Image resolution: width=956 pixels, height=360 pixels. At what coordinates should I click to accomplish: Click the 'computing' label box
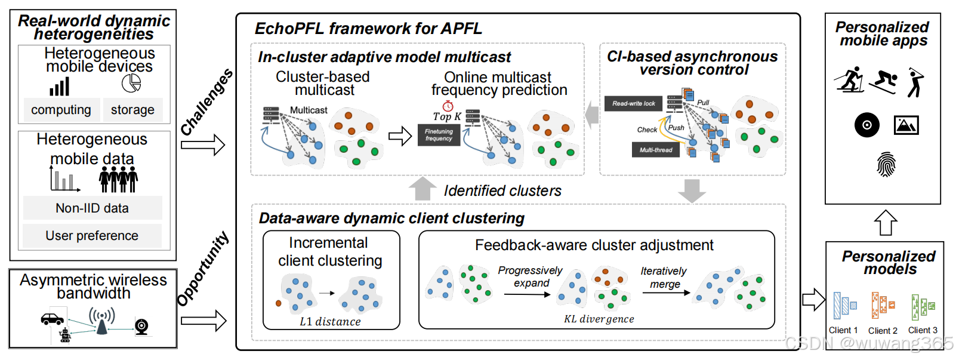pos(61,110)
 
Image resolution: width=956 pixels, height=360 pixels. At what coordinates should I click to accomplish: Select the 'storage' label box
pos(132,110)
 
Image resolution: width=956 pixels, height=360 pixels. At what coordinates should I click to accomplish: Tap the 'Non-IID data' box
pos(92,208)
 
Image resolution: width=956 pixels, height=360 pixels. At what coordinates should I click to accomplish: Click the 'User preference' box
pos(92,236)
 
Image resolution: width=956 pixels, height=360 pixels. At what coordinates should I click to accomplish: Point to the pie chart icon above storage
pos(131,83)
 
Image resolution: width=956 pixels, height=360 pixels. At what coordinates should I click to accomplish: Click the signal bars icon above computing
pos(60,87)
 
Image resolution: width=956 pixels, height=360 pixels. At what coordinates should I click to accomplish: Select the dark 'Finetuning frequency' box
pos(439,136)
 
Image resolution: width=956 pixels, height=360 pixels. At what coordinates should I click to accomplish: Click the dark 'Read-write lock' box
pos(633,103)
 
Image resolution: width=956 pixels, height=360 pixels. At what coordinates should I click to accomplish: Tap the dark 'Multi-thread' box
pos(656,150)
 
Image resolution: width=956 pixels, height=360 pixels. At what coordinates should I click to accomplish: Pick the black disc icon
pos(866,125)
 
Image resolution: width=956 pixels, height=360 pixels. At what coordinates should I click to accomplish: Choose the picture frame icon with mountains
pos(906,125)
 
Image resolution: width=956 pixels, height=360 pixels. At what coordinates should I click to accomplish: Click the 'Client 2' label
pos(883,331)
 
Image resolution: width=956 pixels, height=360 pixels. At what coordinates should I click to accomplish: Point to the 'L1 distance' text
pos(330,322)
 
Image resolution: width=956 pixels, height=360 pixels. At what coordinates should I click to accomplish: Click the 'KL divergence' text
pos(599,319)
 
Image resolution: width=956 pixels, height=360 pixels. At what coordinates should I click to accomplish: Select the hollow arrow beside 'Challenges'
pos(203,144)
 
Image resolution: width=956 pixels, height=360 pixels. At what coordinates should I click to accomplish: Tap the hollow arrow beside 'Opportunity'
pos(203,321)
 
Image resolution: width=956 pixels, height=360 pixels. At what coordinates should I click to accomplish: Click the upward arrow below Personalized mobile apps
pos(886,223)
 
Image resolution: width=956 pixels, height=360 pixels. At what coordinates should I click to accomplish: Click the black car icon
pos(52,319)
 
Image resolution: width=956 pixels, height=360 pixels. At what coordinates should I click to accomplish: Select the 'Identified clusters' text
pos(502,191)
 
